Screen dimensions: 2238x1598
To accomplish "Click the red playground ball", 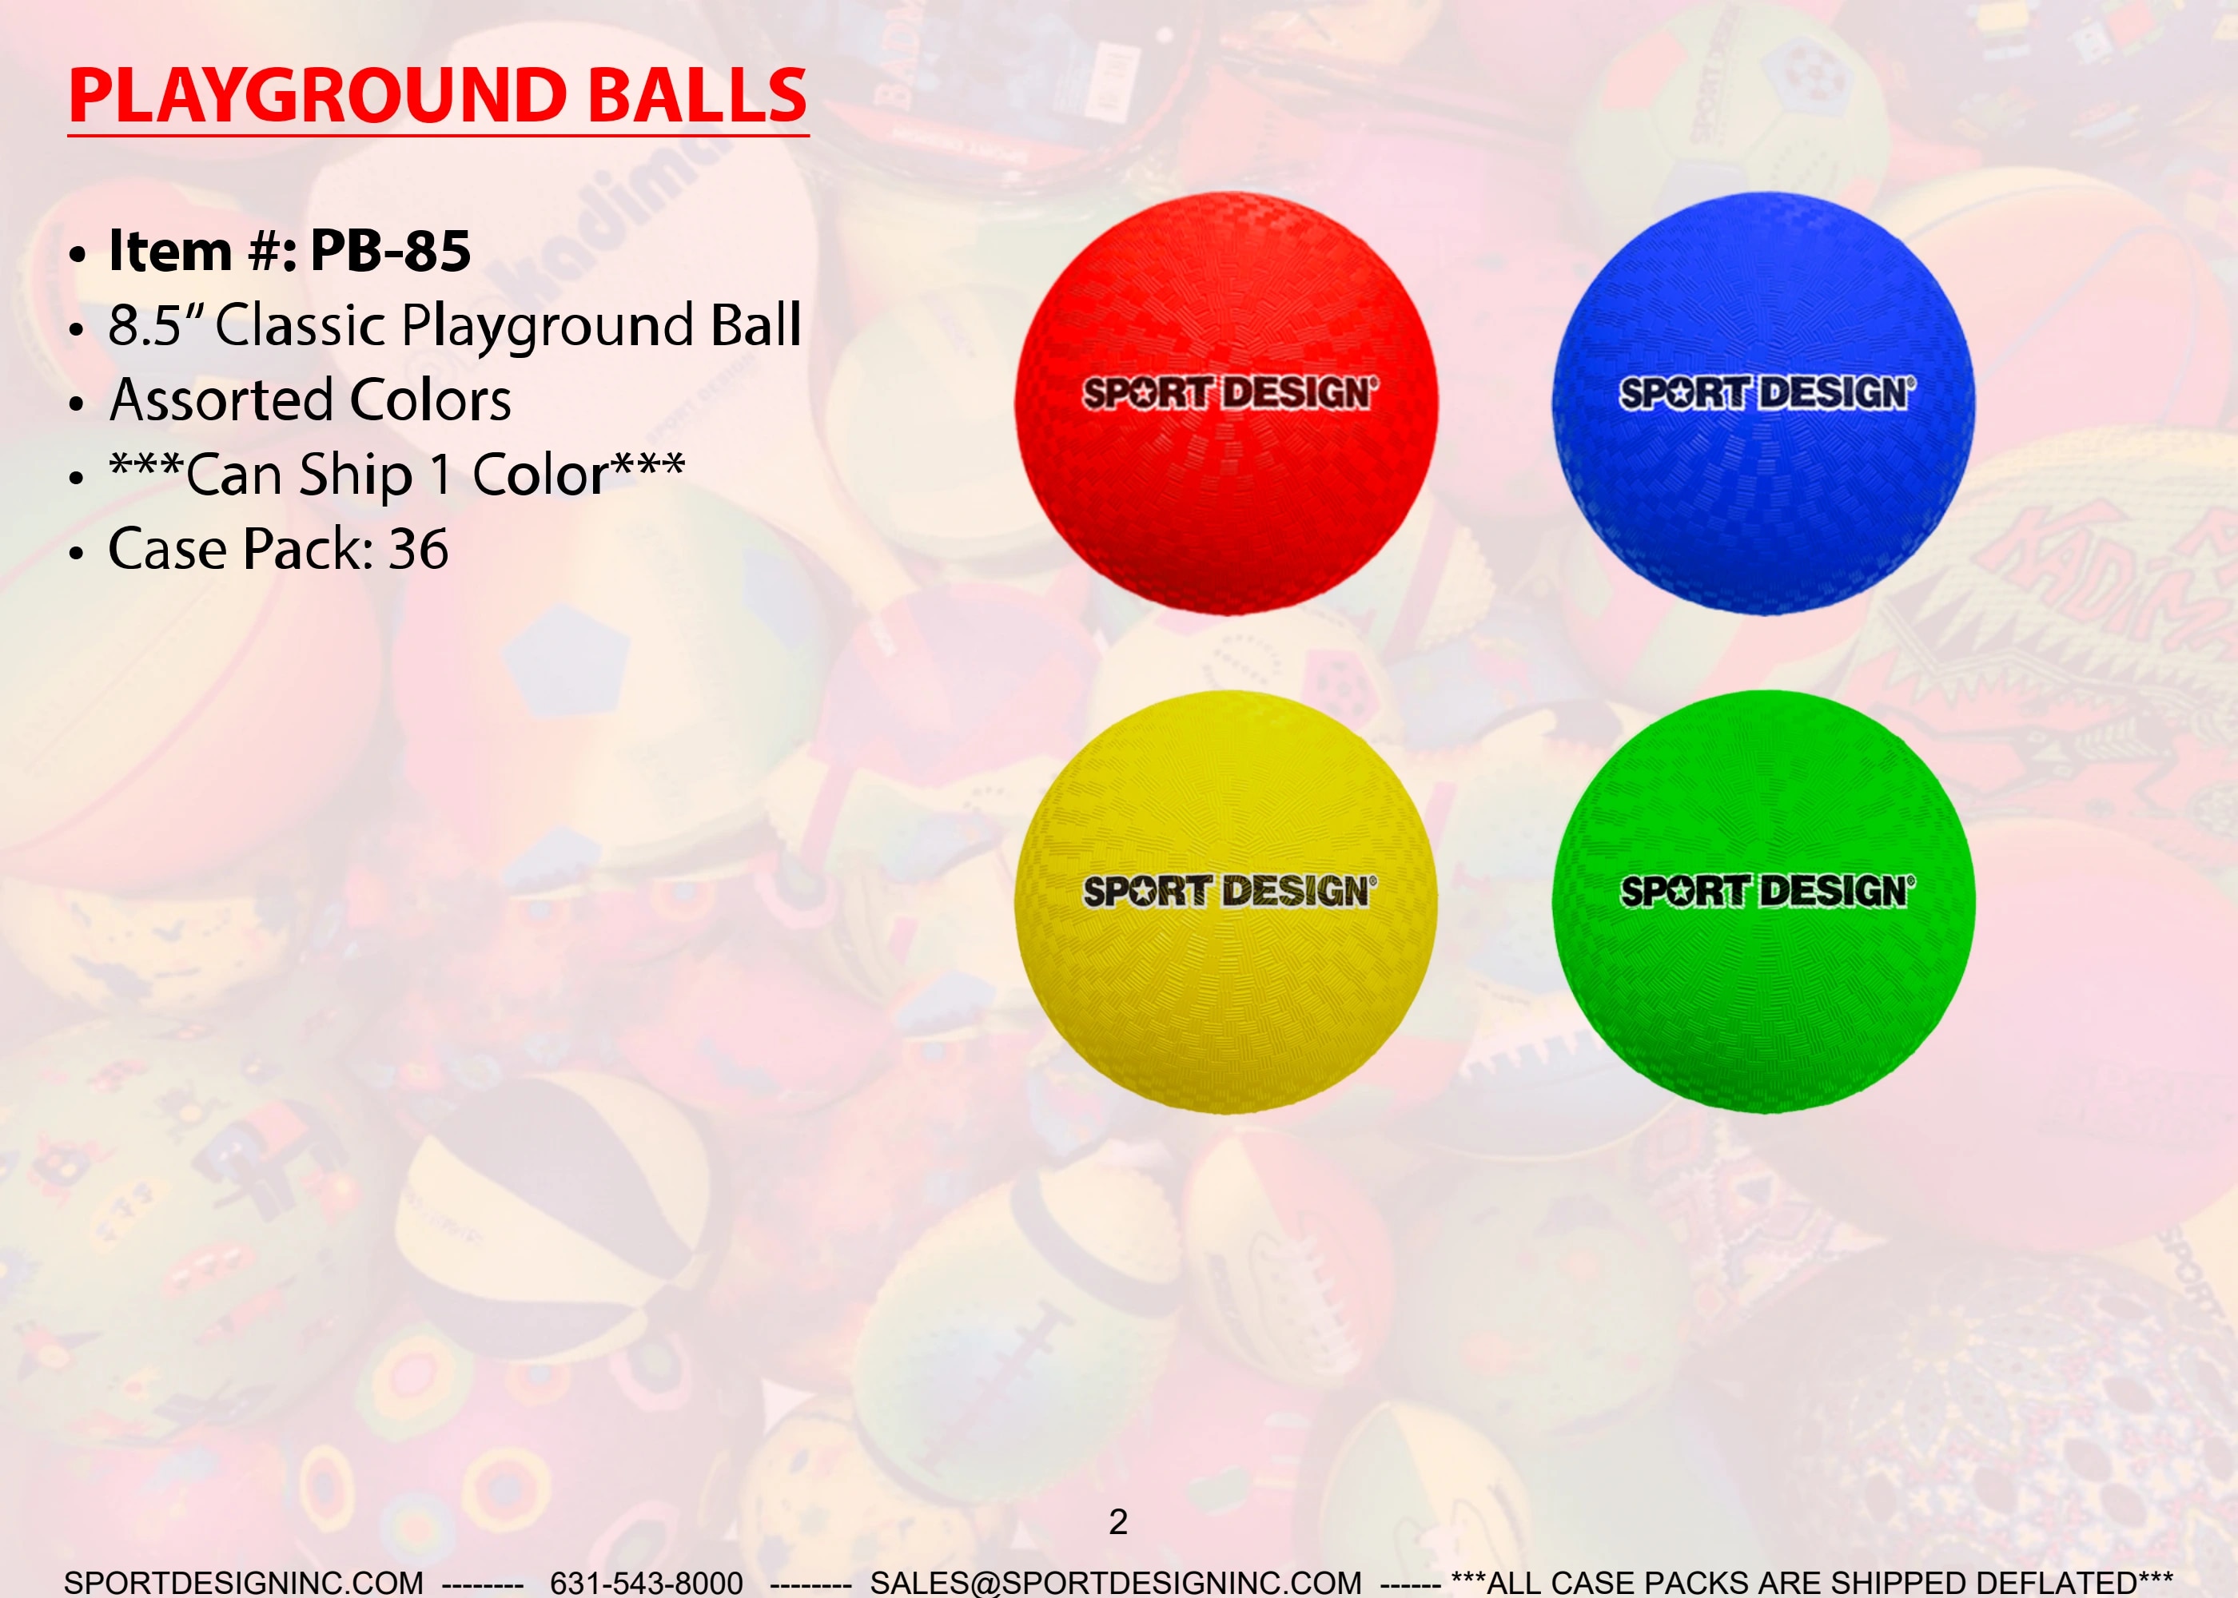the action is click(x=1226, y=403).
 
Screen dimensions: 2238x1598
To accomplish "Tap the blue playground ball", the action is click(x=1764, y=403).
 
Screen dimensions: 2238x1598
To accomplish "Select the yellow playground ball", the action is click(x=1226, y=902).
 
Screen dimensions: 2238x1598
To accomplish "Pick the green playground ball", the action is click(x=1764, y=902).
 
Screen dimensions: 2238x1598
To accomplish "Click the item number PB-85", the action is click(x=390, y=251).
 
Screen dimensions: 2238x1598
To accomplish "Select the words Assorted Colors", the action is click(x=310, y=400).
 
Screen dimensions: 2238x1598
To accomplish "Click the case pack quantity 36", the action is click(x=418, y=549).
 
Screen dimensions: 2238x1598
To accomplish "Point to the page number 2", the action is click(x=1118, y=1522).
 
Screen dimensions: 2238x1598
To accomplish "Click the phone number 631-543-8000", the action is click(x=647, y=1582).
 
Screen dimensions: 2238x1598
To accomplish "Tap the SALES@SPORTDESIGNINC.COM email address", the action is click(x=1116, y=1582).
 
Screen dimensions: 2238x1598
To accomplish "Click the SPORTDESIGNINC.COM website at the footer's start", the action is click(x=244, y=1582).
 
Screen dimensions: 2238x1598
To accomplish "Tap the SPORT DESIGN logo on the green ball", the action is click(x=1767, y=892).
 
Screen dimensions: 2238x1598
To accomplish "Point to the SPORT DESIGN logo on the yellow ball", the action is click(x=1230, y=892).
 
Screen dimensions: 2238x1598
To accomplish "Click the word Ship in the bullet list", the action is click(x=356, y=476).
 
